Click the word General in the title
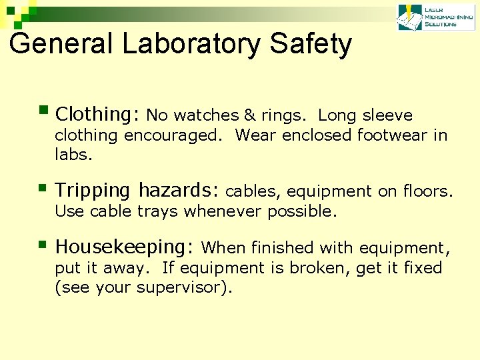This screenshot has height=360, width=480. [x=61, y=44]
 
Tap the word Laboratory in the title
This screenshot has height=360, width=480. [x=189, y=44]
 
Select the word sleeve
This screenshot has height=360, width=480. [x=388, y=115]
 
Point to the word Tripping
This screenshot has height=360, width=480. [x=93, y=191]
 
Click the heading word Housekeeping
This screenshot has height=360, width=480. [x=125, y=247]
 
